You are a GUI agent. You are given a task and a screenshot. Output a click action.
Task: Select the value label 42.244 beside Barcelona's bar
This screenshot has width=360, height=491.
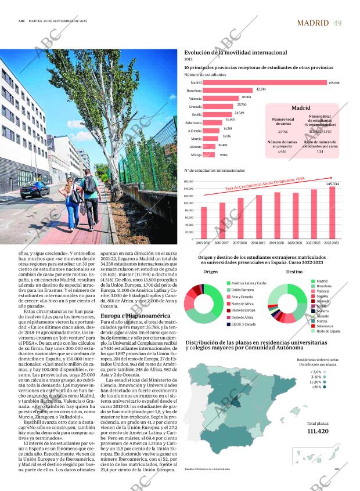(261, 89)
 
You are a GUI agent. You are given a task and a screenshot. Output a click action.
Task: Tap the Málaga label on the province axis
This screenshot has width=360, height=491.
(196, 155)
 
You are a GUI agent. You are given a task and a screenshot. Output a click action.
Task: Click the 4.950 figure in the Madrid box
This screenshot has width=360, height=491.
(282, 151)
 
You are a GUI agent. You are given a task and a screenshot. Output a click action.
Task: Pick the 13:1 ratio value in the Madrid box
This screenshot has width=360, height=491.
(320, 151)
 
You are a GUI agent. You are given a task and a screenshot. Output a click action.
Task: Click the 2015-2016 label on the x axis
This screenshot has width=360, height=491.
(204, 243)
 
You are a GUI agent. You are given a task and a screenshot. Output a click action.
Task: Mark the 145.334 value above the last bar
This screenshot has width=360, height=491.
(332, 183)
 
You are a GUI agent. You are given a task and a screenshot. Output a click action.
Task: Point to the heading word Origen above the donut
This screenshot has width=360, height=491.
(211, 272)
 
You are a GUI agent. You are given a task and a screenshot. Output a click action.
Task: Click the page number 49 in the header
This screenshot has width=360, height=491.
(337, 23)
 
